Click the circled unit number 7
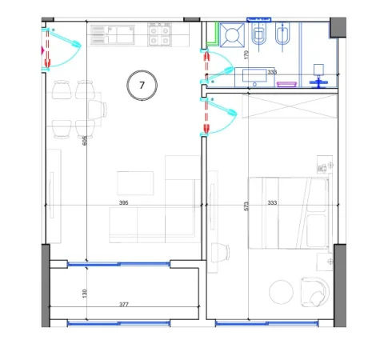[142, 83]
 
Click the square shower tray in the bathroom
[233, 36]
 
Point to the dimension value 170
[246, 56]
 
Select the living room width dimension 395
[124, 203]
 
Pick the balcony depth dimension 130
[84, 294]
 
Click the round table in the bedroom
[281, 293]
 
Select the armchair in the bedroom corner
[312, 291]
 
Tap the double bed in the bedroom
[289, 213]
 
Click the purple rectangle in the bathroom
[286, 82]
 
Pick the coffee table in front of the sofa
[135, 182]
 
